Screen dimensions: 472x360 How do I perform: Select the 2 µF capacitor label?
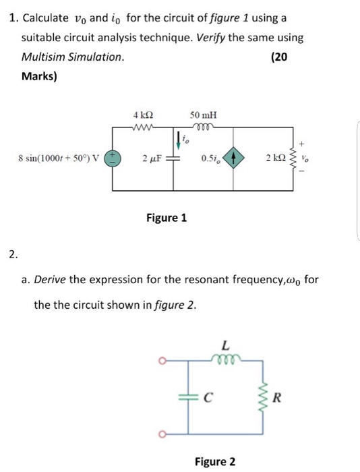click(151, 159)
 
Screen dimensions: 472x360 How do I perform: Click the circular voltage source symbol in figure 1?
click(113, 159)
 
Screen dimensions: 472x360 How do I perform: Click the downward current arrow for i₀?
click(178, 140)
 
